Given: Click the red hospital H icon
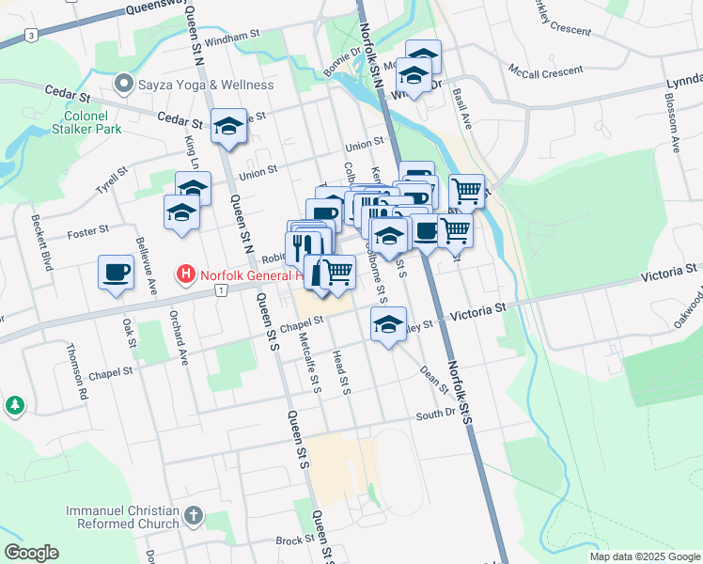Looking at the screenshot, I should pos(186,275).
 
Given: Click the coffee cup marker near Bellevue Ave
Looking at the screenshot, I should pos(116,273).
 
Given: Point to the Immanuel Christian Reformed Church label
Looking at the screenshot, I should pos(122,516).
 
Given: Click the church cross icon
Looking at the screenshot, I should pos(193,515).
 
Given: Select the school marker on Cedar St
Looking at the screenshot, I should pos(227,127).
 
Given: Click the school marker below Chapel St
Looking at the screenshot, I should pos(387,324).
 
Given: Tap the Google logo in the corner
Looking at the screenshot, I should pos(31,553).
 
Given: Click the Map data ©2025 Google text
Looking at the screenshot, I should pos(645,556).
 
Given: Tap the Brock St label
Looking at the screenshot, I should pos(293,540).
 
